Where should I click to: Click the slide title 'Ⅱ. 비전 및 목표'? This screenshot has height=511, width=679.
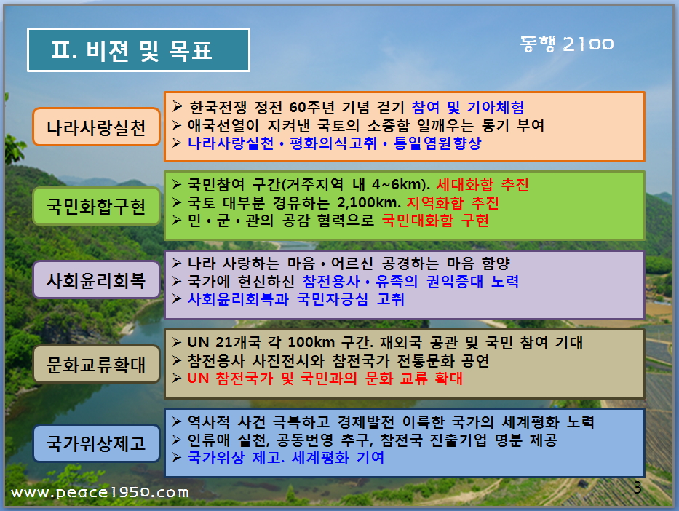point(132,50)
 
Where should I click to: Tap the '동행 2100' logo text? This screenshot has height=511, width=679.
point(567,44)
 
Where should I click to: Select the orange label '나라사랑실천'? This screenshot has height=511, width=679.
point(96,127)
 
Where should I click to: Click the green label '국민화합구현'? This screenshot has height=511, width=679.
point(96,206)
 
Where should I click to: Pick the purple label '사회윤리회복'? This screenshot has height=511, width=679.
point(96,280)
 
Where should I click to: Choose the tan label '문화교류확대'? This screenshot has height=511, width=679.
point(96,364)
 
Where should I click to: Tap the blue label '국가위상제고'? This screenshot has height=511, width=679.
point(96,443)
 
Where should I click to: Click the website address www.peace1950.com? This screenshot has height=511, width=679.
point(100,492)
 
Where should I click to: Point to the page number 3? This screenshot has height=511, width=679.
point(638,488)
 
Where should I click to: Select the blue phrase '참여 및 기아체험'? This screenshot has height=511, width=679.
point(468,107)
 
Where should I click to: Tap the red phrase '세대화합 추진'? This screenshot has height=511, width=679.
point(483,185)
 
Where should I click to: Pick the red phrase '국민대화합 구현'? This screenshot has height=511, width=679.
point(435,221)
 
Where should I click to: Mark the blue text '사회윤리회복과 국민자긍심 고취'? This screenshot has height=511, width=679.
point(295,298)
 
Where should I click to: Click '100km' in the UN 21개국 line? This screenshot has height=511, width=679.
point(311,343)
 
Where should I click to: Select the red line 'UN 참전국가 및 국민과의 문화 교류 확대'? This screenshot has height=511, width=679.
point(325,378)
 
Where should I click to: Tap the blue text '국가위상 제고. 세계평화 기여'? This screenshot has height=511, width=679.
point(285,457)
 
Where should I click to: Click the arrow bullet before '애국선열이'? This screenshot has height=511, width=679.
point(176,125)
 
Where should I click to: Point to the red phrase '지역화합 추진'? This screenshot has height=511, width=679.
point(453,202)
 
